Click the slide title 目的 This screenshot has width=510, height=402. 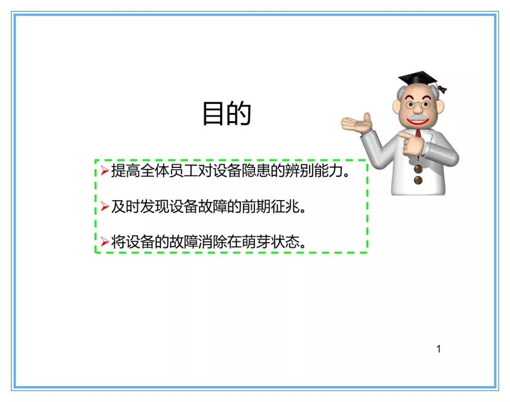click(x=226, y=113)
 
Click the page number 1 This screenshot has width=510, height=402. click(x=438, y=349)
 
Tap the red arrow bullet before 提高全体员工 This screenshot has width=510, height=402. click(x=104, y=170)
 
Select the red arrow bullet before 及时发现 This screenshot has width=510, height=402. click(x=104, y=206)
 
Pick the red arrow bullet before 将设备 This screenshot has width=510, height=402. click(x=104, y=242)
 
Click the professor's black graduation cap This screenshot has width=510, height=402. click(x=417, y=78)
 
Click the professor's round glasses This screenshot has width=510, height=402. click(x=418, y=105)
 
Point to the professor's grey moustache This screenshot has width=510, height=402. click(x=417, y=117)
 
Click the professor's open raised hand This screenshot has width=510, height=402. click(x=357, y=123)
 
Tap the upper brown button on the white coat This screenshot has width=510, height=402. click(x=418, y=169)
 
